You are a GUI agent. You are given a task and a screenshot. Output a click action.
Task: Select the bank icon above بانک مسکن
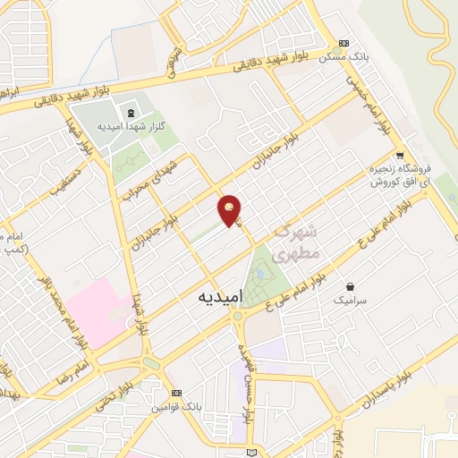344,43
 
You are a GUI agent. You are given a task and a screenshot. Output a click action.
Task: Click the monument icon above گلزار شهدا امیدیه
131,113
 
